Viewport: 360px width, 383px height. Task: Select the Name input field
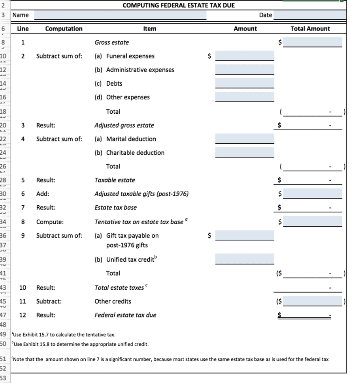120,15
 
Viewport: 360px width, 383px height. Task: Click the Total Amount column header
310,29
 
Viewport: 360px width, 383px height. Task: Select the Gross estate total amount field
312,42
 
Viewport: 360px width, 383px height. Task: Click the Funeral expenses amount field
245,56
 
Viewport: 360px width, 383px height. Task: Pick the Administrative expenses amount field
245,70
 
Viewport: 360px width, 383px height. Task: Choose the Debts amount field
245,83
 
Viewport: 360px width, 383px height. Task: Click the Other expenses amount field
245,97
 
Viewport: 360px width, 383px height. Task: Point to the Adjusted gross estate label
124,126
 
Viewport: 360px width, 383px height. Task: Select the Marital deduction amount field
245,139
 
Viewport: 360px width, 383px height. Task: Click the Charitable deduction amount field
245,152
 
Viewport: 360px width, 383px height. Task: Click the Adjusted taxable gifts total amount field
312,193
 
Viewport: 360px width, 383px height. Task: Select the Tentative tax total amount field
312,221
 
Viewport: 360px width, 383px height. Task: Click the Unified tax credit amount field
245,259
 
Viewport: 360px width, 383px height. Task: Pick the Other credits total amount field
312,301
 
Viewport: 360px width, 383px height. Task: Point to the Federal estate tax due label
125,315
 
